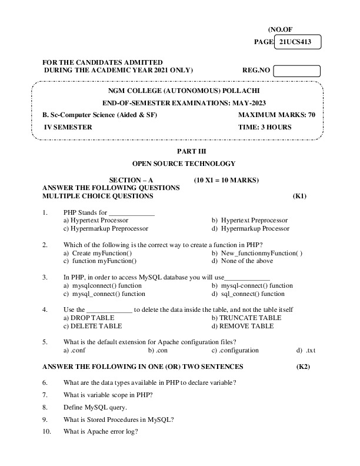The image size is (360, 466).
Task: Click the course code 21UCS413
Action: [x=296, y=42]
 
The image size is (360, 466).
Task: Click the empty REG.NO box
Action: [x=296, y=71]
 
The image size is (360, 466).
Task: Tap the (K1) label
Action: [x=299, y=195]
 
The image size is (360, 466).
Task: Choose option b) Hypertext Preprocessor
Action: [x=249, y=220]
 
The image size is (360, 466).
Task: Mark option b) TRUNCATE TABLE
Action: [x=246, y=318]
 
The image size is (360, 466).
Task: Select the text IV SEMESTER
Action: [x=68, y=127]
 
